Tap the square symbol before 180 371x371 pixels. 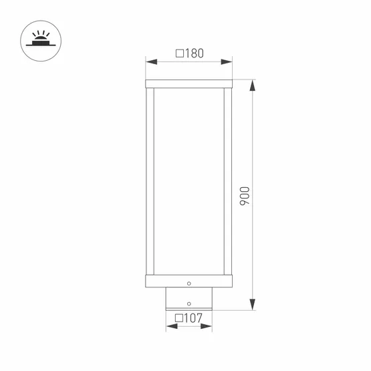point(179,53)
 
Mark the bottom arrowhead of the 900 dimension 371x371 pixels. point(252,307)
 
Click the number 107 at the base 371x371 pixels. point(193,318)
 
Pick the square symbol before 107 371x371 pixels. point(178,318)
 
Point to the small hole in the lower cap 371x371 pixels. point(189,280)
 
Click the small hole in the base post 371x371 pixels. point(189,301)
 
